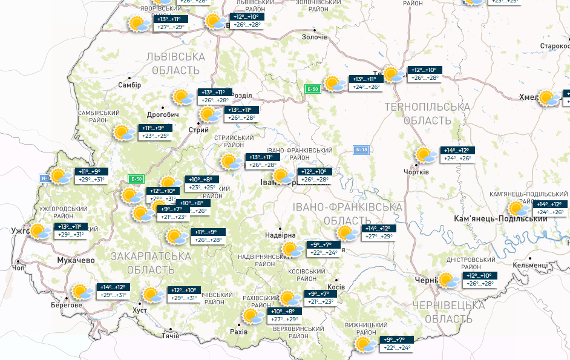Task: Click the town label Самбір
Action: tap(129, 85)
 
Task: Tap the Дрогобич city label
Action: tap(163, 115)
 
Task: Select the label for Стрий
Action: tap(199, 130)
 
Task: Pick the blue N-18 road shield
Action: tap(361, 149)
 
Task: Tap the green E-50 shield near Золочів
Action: tap(312, 90)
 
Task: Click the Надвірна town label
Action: tap(280, 235)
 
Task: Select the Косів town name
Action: tap(335, 287)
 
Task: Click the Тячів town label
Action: tap(171, 336)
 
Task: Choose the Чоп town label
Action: tap(19, 267)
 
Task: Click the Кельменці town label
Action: tap(530, 265)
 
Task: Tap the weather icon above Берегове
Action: tap(82, 292)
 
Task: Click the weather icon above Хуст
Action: tap(152, 295)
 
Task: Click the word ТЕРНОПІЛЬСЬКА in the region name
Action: tap(427, 107)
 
